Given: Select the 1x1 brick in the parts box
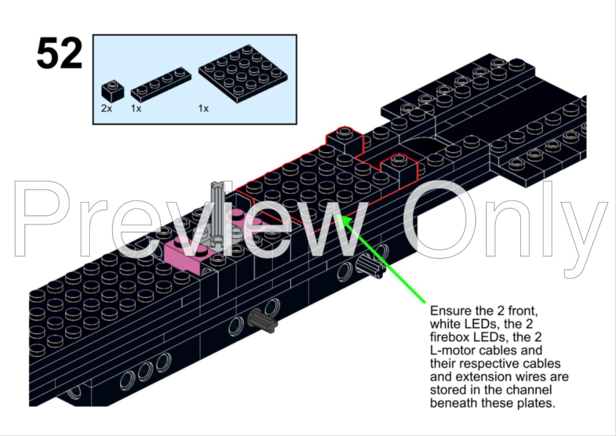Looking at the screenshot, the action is point(113,90).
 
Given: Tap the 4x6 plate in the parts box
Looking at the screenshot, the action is point(243,73).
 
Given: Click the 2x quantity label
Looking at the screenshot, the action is point(107,108).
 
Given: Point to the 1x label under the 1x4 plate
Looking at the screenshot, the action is point(136,108).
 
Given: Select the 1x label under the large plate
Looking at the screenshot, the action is point(203,108).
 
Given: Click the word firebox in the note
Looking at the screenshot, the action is point(450,337).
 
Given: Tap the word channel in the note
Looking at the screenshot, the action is point(530,390).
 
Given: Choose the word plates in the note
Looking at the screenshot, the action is point(535,403).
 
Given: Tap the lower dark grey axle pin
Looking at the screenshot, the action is point(263,320).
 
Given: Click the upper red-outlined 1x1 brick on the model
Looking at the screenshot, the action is point(345,140).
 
